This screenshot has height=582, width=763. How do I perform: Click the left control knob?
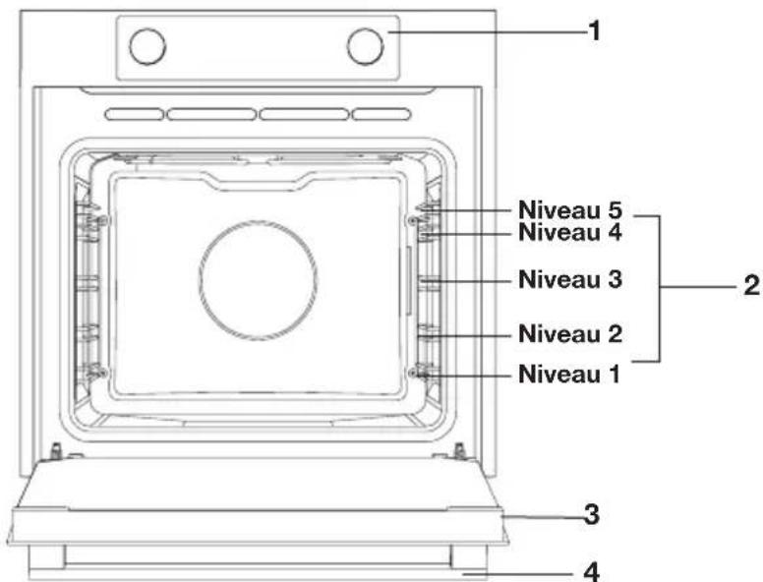tap(147, 46)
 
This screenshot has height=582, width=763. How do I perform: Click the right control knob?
tap(366, 46)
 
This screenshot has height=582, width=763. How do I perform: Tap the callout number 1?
tap(594, 31)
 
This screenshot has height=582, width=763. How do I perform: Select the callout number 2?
tap(752, 286)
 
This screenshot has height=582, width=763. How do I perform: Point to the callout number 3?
tap(592, 515)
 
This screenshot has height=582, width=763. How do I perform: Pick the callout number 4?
tap(591, 572)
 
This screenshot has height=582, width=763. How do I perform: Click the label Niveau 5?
tap(570, 209)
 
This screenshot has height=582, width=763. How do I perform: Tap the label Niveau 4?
tap(570, 232)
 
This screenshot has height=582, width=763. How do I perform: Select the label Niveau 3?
tap(570, 279)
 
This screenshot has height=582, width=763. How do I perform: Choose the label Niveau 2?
tap(570, 334)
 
